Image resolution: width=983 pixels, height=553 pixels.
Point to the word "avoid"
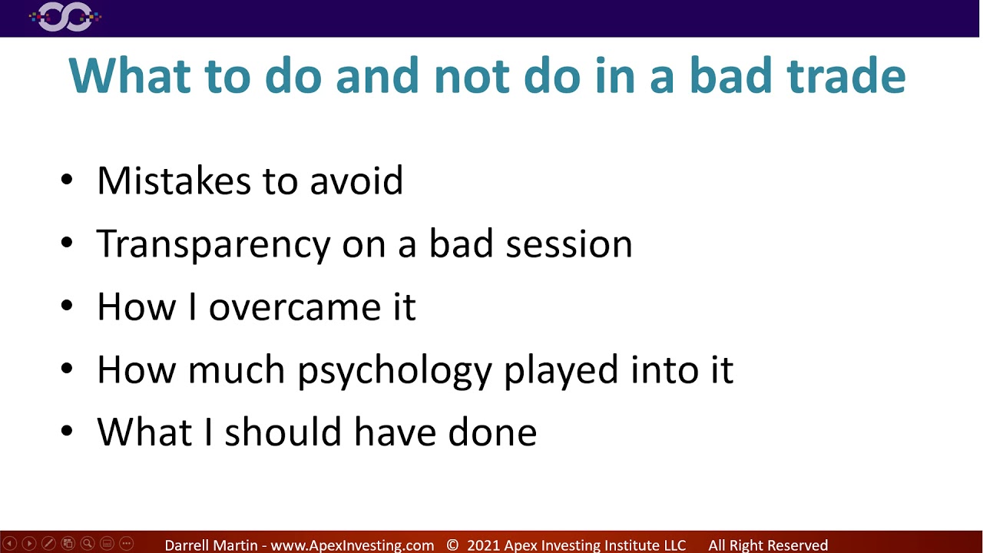(356, 180)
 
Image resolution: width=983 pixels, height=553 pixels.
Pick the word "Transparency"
(213, 244)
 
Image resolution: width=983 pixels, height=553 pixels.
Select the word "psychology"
(395, 370)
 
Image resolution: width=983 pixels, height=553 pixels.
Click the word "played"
(561, 370)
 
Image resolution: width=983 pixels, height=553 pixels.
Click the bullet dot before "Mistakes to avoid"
(67, 181)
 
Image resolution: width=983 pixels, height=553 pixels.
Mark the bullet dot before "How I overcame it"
(67, 306)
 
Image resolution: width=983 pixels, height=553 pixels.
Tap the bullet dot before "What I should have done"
(67, 432)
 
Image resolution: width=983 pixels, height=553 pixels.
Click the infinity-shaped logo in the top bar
(65, 17)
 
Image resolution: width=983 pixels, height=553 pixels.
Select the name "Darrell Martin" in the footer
(212, 545)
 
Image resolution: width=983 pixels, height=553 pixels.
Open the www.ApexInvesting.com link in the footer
(352, 545)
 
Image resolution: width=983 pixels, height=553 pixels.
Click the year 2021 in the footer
(483, 545)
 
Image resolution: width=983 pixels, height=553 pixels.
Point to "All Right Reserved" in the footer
(768, 545)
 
